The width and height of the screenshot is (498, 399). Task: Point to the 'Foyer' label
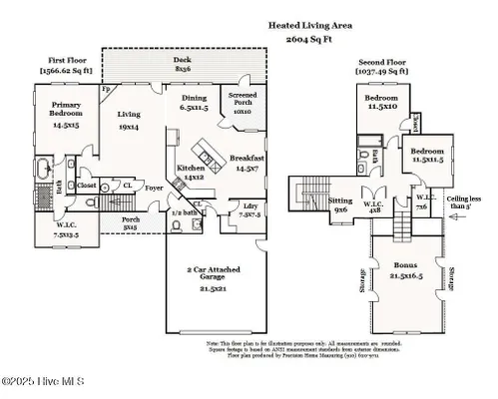pyautogui.click(x=153, y=187)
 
